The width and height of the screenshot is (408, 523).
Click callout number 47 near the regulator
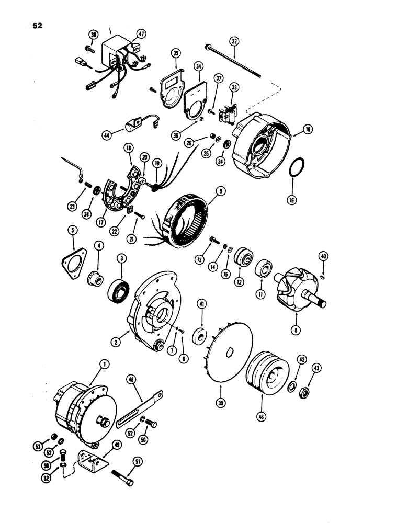[140, 34]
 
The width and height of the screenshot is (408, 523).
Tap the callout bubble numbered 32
[234, 41]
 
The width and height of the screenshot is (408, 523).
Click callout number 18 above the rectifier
[129, 149]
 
